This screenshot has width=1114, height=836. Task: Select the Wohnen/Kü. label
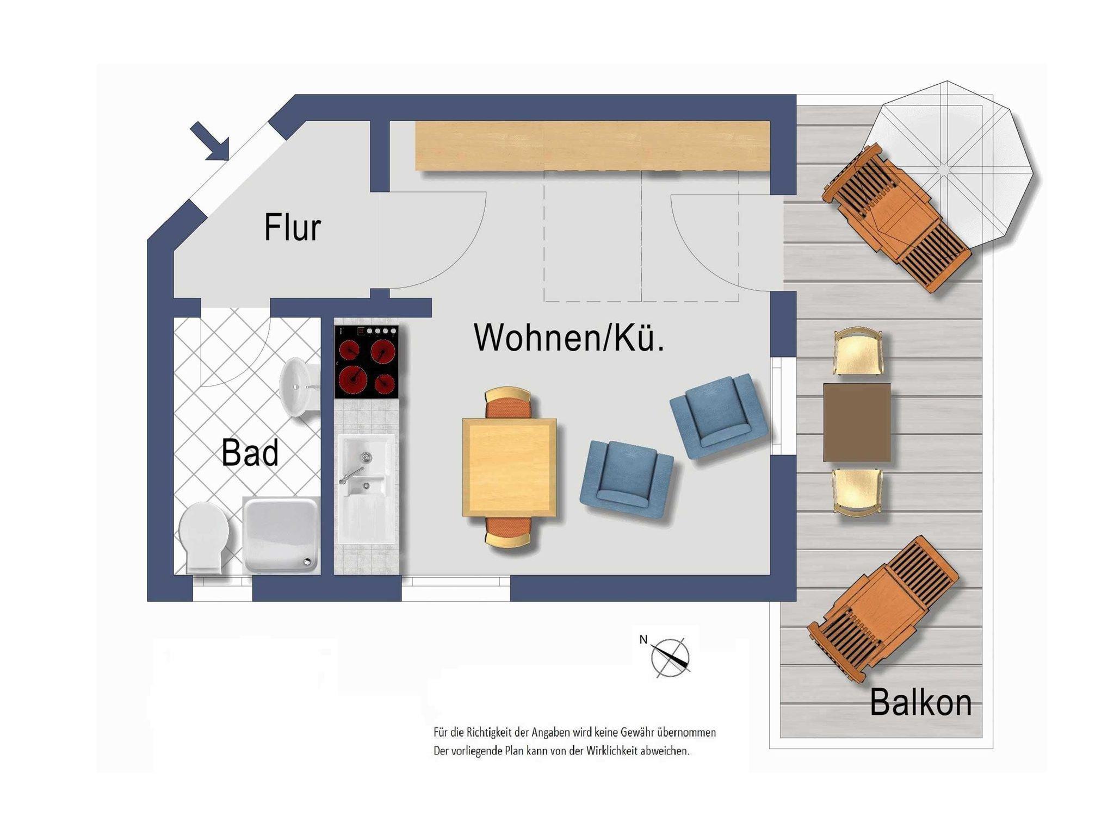569,338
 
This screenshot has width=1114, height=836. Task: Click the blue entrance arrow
210,141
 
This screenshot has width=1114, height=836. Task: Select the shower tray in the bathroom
281,535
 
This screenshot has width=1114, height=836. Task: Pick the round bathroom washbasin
299,387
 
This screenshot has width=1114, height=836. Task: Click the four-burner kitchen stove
367,362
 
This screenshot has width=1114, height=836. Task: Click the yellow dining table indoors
509,467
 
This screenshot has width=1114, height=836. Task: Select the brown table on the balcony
857,422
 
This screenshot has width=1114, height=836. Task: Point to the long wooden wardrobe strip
593,146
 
